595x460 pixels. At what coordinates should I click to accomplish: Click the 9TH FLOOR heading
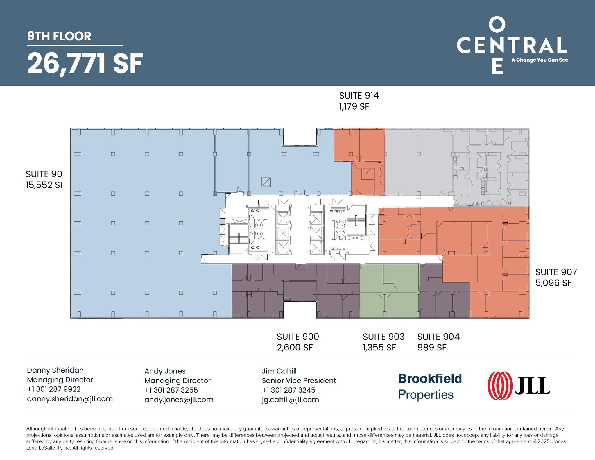tap(59, 36)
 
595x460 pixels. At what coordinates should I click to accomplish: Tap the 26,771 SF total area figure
tap(85, 63)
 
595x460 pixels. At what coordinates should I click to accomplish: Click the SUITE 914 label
tap(359, 96)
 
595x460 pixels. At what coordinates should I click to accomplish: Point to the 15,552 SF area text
tap(45, 185)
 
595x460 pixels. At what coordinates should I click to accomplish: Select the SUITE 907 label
tap(556, 272)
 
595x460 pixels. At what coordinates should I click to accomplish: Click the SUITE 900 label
tap(298, 337)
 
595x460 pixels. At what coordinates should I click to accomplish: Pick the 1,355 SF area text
tap(379, 348)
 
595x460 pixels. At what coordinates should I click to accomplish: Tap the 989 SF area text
tap(432, 348)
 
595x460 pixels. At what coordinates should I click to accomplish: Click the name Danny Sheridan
tap(55, 370)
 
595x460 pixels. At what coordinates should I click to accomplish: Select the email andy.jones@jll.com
tap(179, 400)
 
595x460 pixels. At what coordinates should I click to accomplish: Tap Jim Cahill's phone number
tap(288, 390)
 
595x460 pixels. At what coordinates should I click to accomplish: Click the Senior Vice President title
tap(299, 381)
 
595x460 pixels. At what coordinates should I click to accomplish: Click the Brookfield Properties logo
tap(429, 386)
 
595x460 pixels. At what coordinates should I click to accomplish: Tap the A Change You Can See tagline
tap(540, 60)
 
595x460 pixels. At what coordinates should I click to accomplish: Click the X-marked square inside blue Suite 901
tap(266, 182)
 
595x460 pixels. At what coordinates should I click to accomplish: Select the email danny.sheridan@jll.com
tap(70, 399)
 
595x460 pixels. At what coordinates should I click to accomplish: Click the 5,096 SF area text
tap(553, 283)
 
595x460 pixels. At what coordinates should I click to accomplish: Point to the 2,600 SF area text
tap(295, 348)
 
